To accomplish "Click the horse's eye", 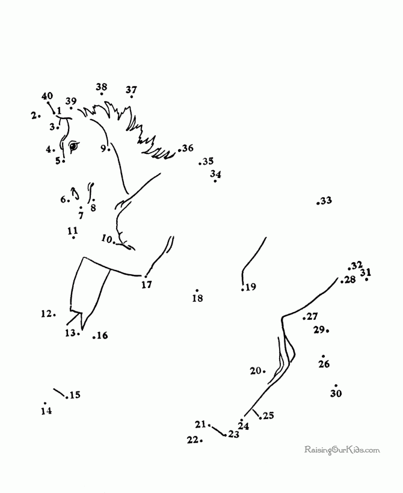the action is coord(73,146).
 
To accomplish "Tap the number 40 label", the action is coord(47,96).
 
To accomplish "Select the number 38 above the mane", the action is coord(101,87).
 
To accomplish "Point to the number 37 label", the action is coord(132,90).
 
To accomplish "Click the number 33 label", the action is coord(326,200).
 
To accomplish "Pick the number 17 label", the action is coord(147,284).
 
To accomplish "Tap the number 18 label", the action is coord(197,298).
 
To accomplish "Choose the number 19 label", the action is coord(251,287).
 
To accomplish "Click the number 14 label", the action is coord(46,411).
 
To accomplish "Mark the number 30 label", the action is coord(336,393).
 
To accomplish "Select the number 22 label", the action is coord(192,440).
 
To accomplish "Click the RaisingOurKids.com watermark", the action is coord(342,450).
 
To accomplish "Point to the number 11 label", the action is coord(73,231).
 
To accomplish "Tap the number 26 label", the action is coord(324,364).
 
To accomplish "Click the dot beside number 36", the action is coord(179,150).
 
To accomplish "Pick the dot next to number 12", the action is coord(55,314).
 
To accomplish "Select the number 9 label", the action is coord(103,148).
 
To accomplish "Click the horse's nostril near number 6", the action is coord(76,194).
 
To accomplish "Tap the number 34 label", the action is coord(215,174).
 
